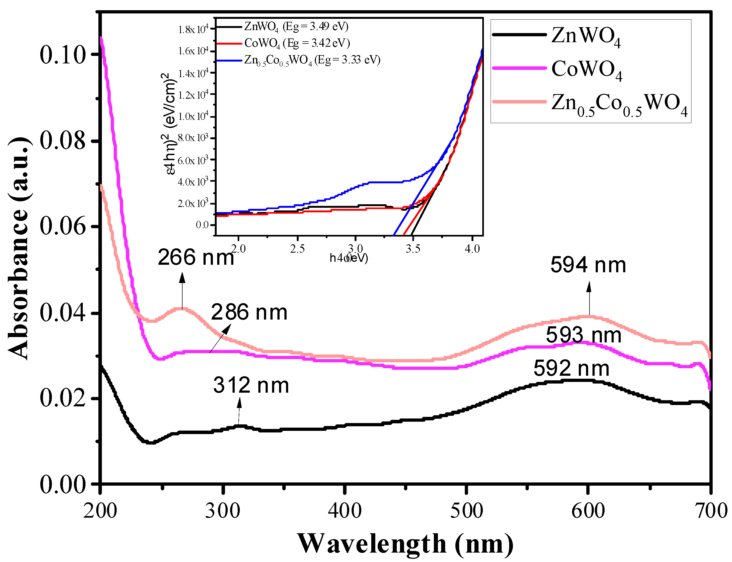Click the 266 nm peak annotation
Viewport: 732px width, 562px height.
point(195,257)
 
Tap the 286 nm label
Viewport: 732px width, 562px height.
point(249,312)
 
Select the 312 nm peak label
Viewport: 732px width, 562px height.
point(251,385)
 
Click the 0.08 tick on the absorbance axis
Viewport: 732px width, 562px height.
point(63,141)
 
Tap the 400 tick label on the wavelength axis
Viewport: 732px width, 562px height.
point(344,511)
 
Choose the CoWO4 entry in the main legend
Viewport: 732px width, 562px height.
point(586,69)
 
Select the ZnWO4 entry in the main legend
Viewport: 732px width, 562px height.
point(585,36)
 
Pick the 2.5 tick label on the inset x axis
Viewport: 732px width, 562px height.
point(297,249)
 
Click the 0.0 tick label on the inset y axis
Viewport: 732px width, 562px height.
point(202,225)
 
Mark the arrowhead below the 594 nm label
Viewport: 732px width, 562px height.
point(589,287)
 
